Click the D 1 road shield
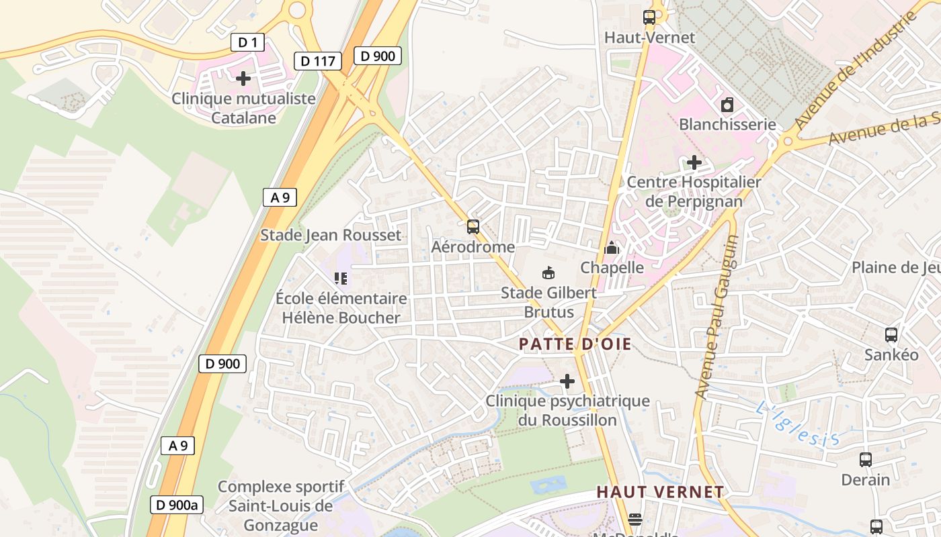tap(247, 42)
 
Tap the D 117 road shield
tap(317, 61)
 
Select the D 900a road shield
tap(176, 505)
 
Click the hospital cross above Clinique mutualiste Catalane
tap(243, 79)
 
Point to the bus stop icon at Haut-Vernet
tap(649, 17)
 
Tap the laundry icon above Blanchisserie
tap(727, 105)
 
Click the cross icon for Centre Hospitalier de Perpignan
tap(694, 162)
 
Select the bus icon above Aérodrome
tap(473, 227)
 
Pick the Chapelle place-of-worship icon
tap(611, 248)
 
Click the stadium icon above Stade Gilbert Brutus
tap(548, 273)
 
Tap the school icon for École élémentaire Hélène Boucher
tap(341, 278)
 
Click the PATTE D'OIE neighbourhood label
tap(575, 344)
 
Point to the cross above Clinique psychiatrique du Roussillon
tap(567, 381)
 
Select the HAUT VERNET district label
tap(660, 492)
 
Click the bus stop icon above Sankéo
tap(891, 334)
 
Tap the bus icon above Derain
tap(866, 460)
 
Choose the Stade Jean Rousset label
tap(330, 235)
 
